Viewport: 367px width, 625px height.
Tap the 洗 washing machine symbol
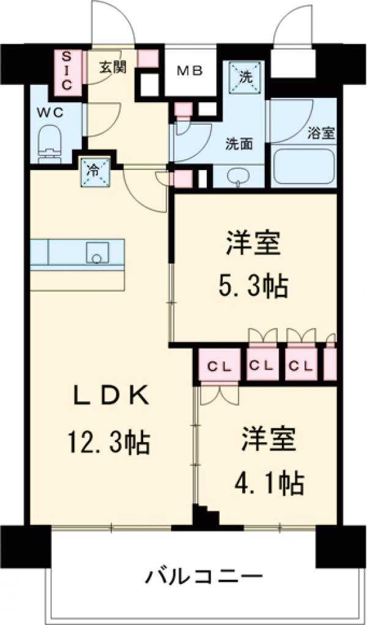pyautogui.click(x=245, y=77)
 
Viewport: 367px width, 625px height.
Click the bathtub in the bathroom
pyautogui.click(x=303, y=166)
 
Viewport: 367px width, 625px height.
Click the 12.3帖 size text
pyautogui.click(x=108, y=440)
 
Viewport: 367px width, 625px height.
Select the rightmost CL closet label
pyautogui.click(x=301, y=366)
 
